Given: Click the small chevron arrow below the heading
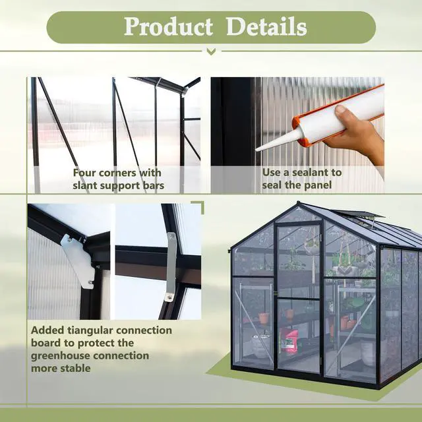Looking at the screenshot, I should click(x=210, y=51).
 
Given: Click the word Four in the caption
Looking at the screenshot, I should click(x=86, y=173).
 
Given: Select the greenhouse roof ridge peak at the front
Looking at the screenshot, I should click(x=299, y=204).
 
